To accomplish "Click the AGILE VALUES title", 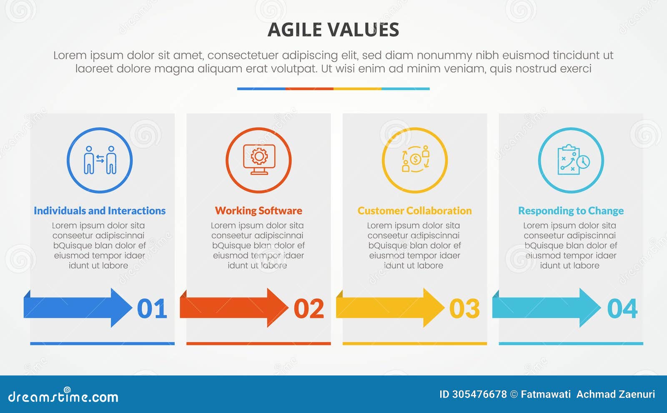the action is coord(333,30).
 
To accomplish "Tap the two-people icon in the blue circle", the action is coord(100,160).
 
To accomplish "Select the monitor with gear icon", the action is coord(259,159).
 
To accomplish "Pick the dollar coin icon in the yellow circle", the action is coord(415,159).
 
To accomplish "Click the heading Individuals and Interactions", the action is coord(100,211).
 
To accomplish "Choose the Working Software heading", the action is coord(258,211).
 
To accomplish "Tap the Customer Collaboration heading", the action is coord(414,211).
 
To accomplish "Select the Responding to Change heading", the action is coord(571,211).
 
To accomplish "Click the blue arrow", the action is coord(78,308).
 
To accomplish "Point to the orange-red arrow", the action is coord(234,308).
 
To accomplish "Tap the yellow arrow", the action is coord(390,308).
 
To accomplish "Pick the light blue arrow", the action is coord(547,308).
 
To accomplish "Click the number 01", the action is coord(152,308).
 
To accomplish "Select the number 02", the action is coord(308,308).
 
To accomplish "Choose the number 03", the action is coord(464,308).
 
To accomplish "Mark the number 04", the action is coord(622,308).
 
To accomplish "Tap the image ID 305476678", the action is coord(473,394).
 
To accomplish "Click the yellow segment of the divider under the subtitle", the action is coord(357,89).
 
